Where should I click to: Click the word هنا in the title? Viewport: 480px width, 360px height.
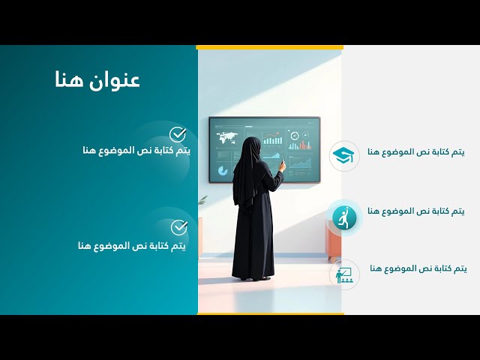(x=69, y=80)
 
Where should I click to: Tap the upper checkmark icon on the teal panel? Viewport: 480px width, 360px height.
(x=178, y=134)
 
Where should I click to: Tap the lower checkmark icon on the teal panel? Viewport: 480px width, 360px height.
(x=178, y=227)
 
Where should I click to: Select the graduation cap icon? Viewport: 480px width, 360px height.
(x=345, y=155)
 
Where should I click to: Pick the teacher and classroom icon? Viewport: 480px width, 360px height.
(x=345, y=274)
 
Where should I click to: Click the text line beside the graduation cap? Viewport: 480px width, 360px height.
(x=415, y=152)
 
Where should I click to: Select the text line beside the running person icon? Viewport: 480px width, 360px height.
(x=417, y=211)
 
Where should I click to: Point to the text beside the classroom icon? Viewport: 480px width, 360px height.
(x=418, y=268)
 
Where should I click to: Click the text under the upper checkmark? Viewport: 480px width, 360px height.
(x=136, y=151)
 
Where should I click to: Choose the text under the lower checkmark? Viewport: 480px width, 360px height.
(x=131, y=245)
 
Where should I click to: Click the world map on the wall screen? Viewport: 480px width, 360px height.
(x=226, y=138)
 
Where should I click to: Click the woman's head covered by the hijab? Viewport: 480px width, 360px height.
(x=250, y=146)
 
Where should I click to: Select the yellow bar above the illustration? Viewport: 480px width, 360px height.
(x=269, y=47)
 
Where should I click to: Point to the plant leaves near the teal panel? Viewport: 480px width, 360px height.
(x=202, y=201)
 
